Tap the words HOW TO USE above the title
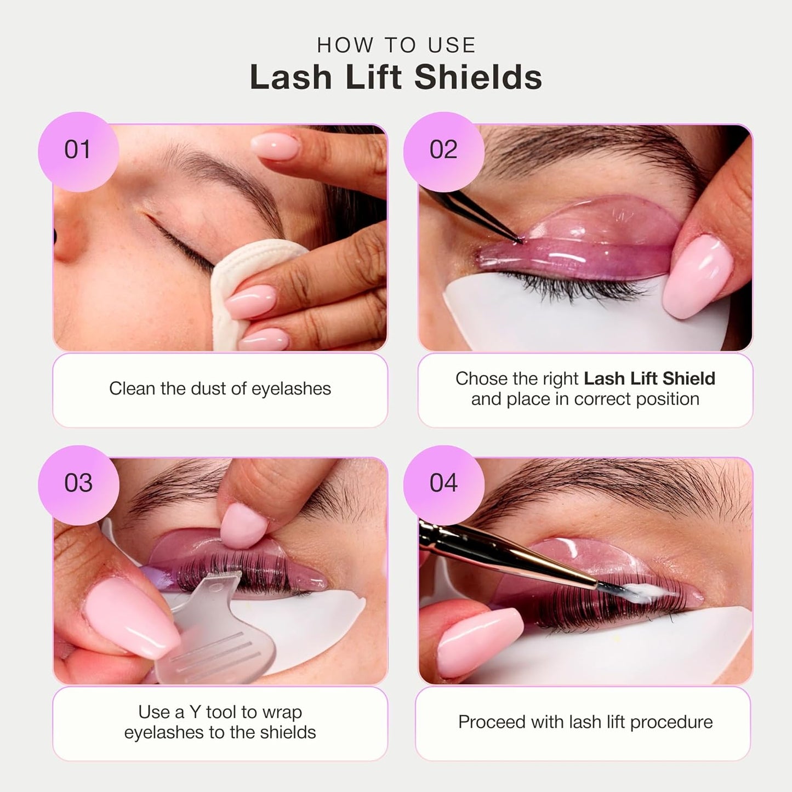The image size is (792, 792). pos(396,45)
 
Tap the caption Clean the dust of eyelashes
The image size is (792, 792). pos(220,389)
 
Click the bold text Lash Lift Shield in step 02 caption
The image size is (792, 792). pos(649,379)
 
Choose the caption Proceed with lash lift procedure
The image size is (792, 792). pos(585,722)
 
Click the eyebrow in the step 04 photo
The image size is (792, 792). pos(603,488)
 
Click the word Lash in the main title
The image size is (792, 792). pos(291,77)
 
